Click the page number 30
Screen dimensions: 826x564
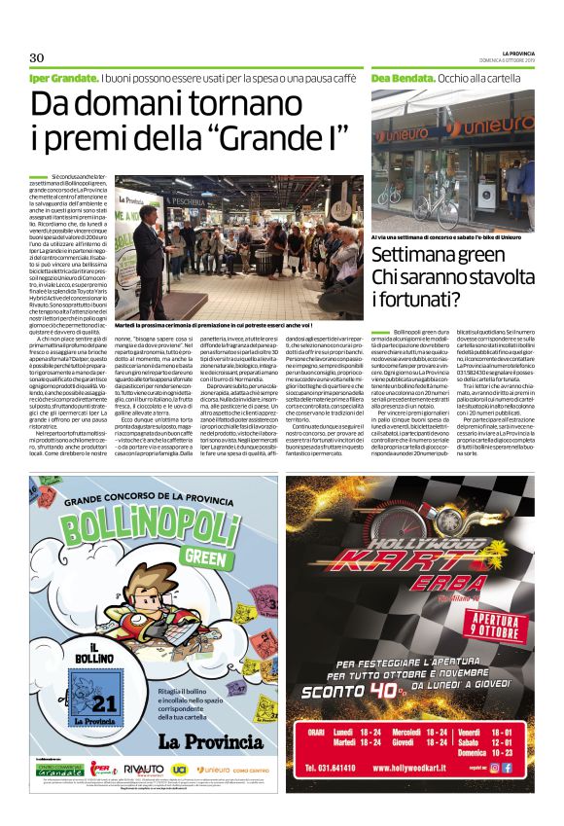[37, 55]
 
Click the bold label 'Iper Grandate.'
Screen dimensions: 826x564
[63, 77]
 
